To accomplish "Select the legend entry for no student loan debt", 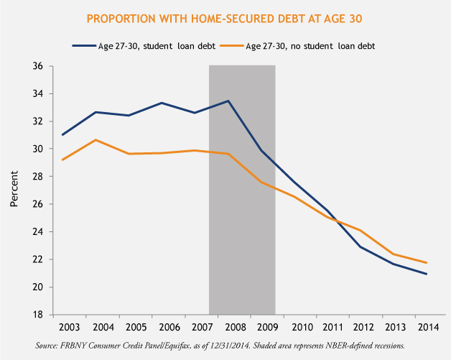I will pos(309,45).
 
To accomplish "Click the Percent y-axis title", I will pos(14,190).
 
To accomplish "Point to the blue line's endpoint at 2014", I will pos(425,274).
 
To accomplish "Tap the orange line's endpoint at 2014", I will pos(425,263).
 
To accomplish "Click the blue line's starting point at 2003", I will pos(62,134).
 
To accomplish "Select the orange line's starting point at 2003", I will pos(62,160).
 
